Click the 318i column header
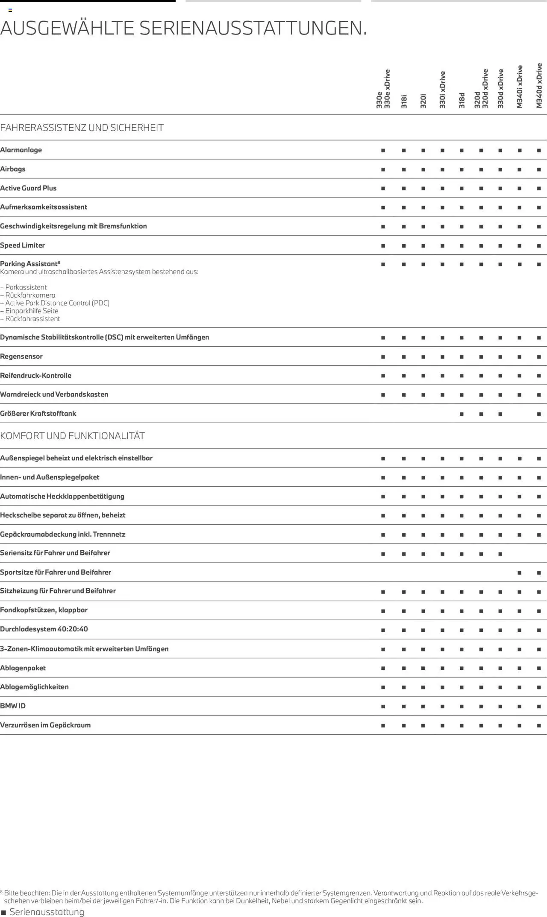click(404, 101)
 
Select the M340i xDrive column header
click(520, 87)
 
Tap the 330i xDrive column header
click(442, 90)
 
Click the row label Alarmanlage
click(21, 150)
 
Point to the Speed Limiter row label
click(22, 245)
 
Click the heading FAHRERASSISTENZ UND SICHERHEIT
click(82, 128)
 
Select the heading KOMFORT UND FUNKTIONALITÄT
click(72, 436)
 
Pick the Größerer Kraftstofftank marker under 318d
click(462, 414)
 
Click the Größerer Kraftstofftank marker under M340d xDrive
click(539, 414)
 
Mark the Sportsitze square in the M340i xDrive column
click(519, 572)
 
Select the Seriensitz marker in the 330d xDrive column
click(500, 554)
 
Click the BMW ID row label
click(13, 706)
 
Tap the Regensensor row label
click(21, 356)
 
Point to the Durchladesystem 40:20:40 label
click(44, 629)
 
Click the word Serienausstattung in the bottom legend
click(47, 912)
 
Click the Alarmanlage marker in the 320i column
click(423, 150)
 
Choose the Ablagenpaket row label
click(23, 668)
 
